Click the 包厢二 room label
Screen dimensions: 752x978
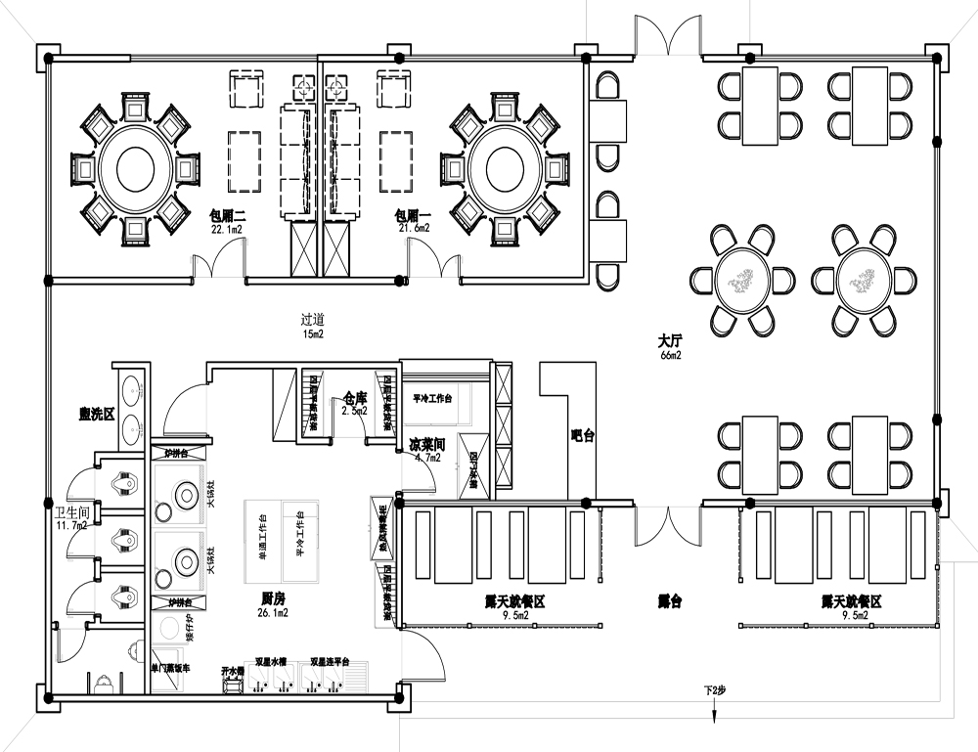(227, 214)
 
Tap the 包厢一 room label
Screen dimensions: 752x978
(413, 214)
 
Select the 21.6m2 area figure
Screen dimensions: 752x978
(414, 228)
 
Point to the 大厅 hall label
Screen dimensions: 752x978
(670, 342)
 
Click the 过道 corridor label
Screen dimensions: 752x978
(313, 319)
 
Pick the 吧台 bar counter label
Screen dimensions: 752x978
(583, 436)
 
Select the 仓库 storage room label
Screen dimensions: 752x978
(354, 399)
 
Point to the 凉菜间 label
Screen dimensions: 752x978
(429, 445)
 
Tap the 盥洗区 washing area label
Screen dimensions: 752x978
(97, 415)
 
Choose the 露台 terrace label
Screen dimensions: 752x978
(669, 601)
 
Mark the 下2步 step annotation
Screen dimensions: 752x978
(716, 690)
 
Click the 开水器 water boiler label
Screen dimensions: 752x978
(232, 672)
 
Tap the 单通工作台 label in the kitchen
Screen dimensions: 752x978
(263, 534)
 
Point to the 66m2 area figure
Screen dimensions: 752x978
(671, 356)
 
